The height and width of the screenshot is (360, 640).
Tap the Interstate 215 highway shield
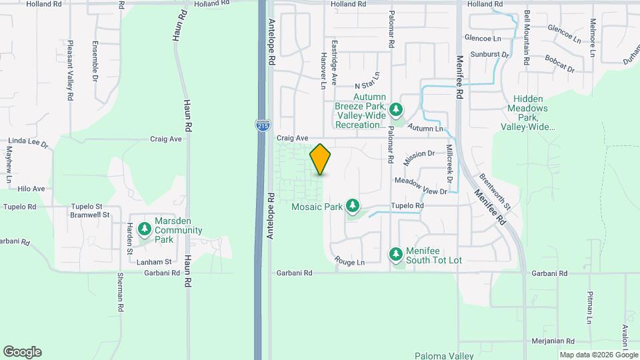[x=263, y=125]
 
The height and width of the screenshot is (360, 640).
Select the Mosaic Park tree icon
[x=353, y=207]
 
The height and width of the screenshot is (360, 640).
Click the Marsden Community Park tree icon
[x=144, y=230]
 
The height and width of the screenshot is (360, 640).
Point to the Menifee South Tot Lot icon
[x=396, y=254]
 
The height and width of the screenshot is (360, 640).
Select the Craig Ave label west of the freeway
[x=166, y=139]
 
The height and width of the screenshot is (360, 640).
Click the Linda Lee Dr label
[x=25, y=141]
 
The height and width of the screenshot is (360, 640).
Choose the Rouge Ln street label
[x=349, y=262]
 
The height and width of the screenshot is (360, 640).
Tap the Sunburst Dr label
[x=490, y=53]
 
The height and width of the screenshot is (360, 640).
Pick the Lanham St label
[x=154, y=262]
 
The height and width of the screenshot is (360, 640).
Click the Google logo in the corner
[x=22, y=352]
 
